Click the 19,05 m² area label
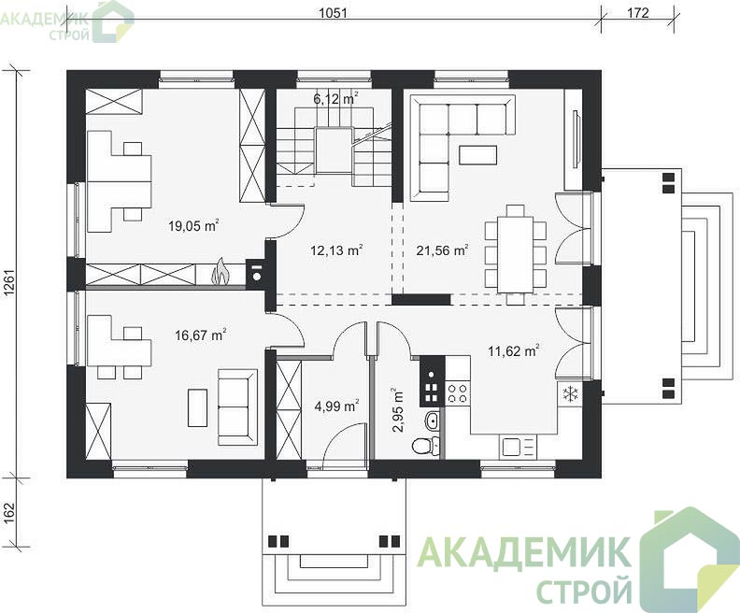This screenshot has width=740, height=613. pos(193,225)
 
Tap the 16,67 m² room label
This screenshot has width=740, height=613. pos(200,335)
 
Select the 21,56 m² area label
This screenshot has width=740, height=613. pos(442,249)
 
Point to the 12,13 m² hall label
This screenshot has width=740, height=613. pos(336,249)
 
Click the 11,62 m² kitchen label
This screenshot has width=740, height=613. pos(514,350)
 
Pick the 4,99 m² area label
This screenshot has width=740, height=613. pos(337,406)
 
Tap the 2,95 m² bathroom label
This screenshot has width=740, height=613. pos(397,410)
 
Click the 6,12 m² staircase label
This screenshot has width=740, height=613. pos(335,99)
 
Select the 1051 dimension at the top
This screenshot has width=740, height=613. pos(334,13)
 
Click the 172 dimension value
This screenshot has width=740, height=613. pos(638,13)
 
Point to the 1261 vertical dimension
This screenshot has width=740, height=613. pos(10,284)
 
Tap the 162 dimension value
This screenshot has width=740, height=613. pos(10,513)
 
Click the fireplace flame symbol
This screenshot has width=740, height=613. pos(220,272)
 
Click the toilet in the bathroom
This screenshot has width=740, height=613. pos(423,445)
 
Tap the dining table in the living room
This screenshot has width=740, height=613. pos(516,254)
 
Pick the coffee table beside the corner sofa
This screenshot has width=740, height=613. pos(477,155)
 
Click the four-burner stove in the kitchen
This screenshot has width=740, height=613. pos(457,393)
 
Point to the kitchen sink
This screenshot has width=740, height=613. pos(512,447)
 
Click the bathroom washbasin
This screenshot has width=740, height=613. pos(432,420)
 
